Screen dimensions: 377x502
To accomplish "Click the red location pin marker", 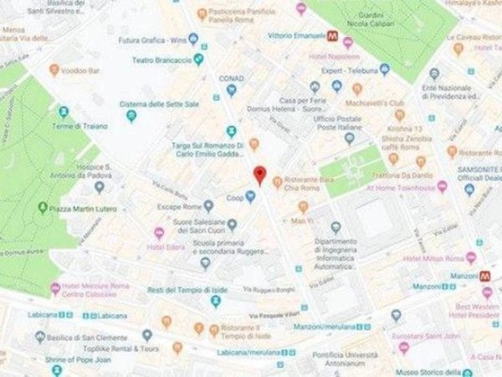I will click(x=259, y=174).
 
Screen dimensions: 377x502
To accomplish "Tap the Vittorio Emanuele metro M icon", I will click(x=332, y=36).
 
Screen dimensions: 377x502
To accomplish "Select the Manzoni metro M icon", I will click(x=484, y=274).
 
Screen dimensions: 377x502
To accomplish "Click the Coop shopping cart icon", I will click(x=249, y=198).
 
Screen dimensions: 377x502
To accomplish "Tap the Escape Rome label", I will click(x=186, y=206).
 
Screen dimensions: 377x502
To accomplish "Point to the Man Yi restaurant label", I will click(x=301, y=219).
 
